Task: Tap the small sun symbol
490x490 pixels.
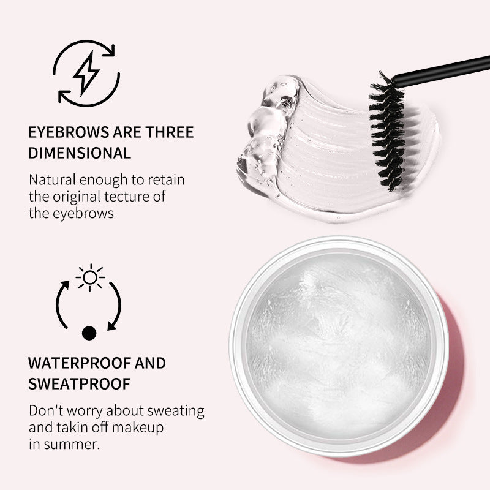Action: pyautogui.click(x=90, y=278)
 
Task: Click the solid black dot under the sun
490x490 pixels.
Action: pyautogui.click(x=89, y=333)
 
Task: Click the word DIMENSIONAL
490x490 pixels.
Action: pyautogui.click(x=80, y=153)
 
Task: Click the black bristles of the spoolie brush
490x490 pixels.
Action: pyautogui.click(x=386, y=132)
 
